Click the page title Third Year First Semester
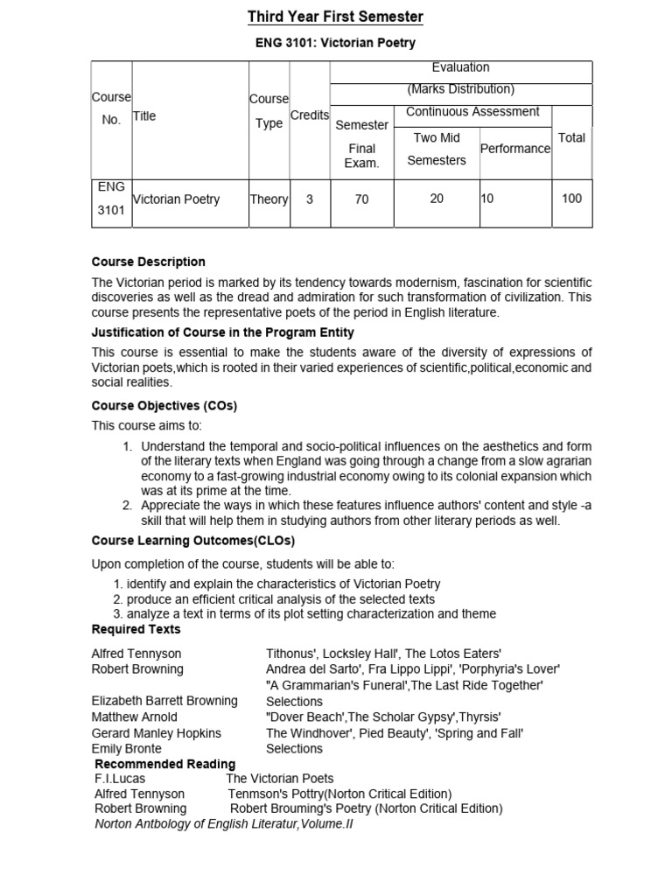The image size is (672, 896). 335,17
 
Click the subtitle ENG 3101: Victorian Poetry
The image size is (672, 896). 335,42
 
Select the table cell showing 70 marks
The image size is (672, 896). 361,199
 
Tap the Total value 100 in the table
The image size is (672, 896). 571,199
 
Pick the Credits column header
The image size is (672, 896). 309,115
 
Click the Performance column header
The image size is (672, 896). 515,149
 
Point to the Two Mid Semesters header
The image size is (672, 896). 437,149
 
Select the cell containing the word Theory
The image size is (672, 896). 269,199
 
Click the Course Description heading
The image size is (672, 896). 149,262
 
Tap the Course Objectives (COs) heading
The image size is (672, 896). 164,406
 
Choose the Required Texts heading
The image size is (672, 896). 136,629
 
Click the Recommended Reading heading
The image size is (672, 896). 164,764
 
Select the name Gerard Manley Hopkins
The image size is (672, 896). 157,732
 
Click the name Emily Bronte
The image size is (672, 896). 126,748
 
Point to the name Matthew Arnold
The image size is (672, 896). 134,717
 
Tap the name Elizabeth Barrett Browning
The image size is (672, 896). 164,701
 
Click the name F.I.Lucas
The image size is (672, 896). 120,778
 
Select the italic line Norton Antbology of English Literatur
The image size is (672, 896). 223,823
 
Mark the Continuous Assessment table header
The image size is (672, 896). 472,112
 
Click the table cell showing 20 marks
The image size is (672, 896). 437,199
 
